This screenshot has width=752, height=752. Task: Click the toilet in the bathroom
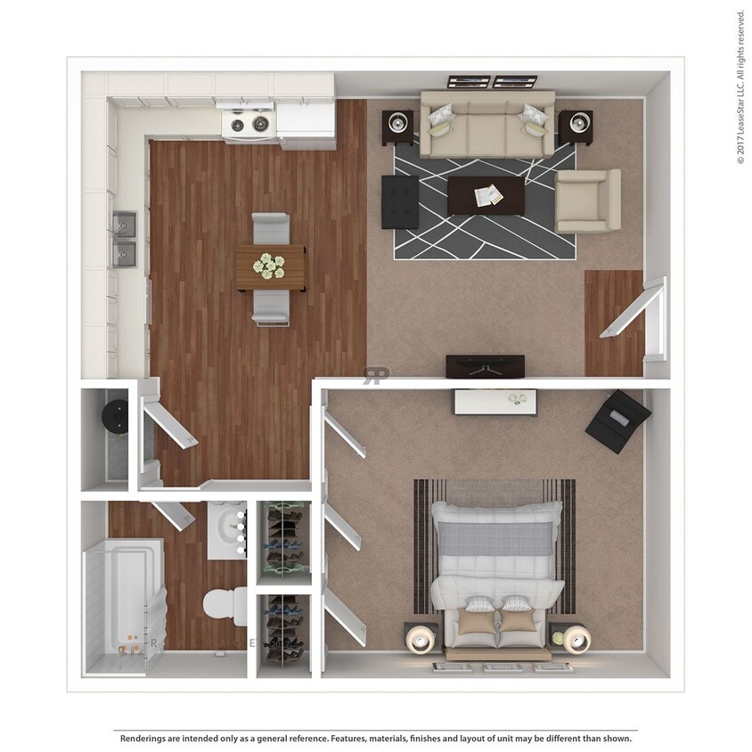coord(224,606)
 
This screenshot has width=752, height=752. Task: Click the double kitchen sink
coord(124,239)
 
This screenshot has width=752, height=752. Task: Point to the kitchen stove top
coord(248,124)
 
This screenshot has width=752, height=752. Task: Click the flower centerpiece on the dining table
coord(268,265)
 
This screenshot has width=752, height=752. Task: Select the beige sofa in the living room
coord(487,125)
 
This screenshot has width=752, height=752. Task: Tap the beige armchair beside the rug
coord(587,201)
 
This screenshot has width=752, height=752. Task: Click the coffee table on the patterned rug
coord(486,195)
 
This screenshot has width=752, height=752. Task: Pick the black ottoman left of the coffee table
coord(400,201)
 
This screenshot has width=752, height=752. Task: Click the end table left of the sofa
coord(397,126)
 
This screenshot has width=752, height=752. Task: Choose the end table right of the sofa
coord(576,127)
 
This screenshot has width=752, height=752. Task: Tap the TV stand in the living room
coord(485,365)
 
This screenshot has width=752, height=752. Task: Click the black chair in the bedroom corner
coord(617,421)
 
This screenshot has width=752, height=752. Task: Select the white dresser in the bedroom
coord(495,402)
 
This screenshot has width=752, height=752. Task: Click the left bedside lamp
coord(421,638)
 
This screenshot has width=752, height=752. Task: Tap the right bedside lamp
coord(573,639)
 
